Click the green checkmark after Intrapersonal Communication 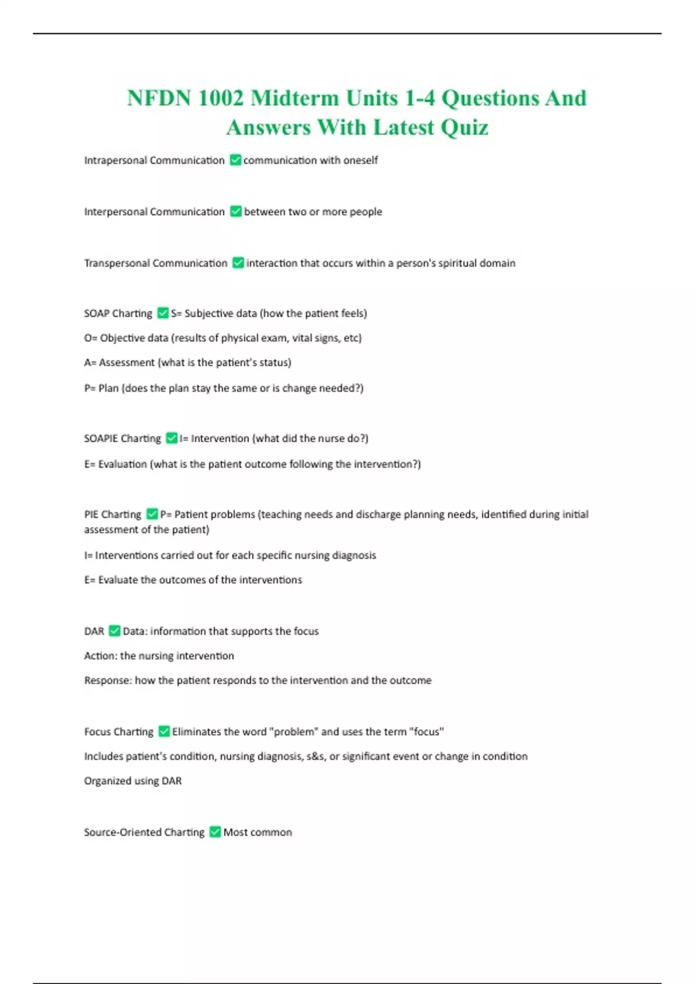[x=236, y=160]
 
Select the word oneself [x=360, y=160]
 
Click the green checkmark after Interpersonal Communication [x=236, y=211]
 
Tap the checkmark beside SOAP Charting [x=163, y=313]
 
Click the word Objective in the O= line [x=123, y=338]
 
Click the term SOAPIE [x=101, y=439]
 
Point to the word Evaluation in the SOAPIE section [x=122, y=464]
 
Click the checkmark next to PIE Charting [x=152, y=514]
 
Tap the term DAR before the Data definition [x=94, y=631]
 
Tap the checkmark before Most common [x=215, y=832]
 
